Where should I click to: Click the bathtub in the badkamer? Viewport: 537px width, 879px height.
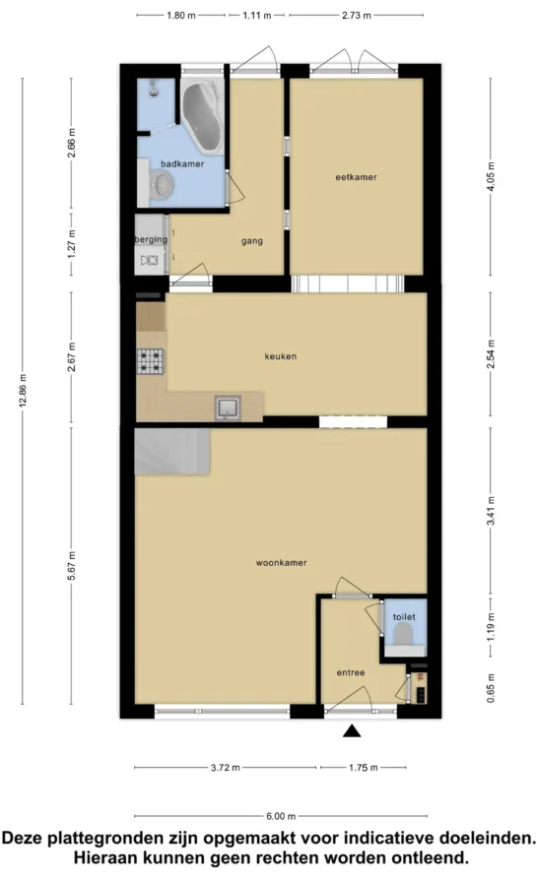203,115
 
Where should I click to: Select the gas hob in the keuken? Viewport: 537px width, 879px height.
151,361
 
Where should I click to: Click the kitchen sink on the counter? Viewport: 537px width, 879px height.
228,408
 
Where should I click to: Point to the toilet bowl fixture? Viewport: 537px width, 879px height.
403,635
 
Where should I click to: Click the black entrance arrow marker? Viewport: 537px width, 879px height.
352,730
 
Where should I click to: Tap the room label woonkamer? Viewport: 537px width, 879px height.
281,563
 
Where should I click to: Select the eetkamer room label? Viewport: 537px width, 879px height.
357,177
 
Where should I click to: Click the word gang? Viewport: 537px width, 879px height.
252,241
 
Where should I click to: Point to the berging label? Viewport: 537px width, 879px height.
151,239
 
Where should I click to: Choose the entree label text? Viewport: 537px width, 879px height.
351,672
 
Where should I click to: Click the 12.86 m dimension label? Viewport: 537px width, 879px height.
23,390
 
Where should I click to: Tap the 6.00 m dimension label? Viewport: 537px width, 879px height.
281,816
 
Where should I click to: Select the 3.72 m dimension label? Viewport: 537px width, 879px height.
226,768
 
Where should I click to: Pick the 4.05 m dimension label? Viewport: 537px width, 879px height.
491,176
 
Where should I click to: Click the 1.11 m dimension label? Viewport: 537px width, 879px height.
257,15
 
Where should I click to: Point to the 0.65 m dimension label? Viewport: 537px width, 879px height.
491,688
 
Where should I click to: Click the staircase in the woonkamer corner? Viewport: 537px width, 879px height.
172,452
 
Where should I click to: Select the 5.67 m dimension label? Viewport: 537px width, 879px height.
71,566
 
